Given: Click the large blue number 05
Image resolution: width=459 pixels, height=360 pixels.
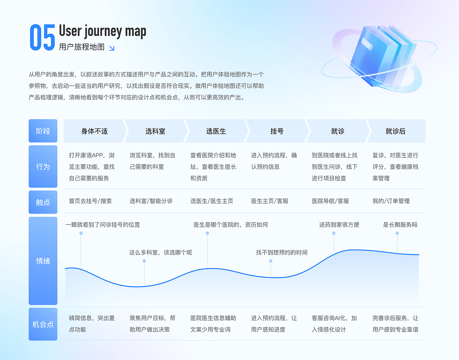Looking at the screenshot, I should pyautogui.click(x=42, y=37).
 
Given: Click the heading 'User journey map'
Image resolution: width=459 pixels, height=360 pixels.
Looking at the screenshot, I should pyautogui.click(x=103, y=31).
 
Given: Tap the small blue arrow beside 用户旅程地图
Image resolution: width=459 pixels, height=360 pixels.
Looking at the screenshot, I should pyautogui.click(x=112, y=48).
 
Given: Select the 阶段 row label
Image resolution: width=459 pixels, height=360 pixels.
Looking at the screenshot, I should pyautogui.click(x=43, y=131).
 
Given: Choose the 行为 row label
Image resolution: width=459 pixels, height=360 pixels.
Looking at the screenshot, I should pyautogui.click(x=43, y=167).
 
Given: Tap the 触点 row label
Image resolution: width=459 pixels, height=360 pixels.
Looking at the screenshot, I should pyautogui.click(x=43, y=202).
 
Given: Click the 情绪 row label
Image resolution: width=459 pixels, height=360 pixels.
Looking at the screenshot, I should pyautogui.click(x=43, y=261).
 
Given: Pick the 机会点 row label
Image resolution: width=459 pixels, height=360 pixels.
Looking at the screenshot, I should pyautogui.click(x=43, y=324).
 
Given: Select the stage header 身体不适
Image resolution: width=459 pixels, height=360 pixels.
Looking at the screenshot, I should pyautogui.click(x=94, y=131).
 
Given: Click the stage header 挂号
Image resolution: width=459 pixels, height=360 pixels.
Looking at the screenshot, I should pyautogui.click(x=277, y=131).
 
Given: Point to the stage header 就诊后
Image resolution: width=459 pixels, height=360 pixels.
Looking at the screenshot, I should pyautogui.click(x=396, y=131).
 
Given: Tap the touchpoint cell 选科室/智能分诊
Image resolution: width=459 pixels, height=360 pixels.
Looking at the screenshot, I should pyautogui.click(x=151, y=201).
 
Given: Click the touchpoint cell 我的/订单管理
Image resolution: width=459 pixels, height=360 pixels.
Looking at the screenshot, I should pyautogui.click(x=391, y=201).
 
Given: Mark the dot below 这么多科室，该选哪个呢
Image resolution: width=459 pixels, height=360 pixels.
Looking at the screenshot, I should pyautogui.click(x=144, y=261).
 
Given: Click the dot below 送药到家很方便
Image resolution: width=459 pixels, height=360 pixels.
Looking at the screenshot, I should pyautogui.click(x=334, y=233).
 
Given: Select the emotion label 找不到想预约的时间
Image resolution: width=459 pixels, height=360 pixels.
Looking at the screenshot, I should pyautogui.click(x=281, y=252).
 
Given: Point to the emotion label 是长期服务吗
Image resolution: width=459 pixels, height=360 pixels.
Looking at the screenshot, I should pyautogui.click(x=400, y=225).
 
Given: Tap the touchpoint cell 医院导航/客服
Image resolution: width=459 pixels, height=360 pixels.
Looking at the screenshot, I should pyautogui.click(x=330, y=201).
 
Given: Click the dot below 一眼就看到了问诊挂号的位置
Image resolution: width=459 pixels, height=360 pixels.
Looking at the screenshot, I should pyautogui.click(x=81, y=233).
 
